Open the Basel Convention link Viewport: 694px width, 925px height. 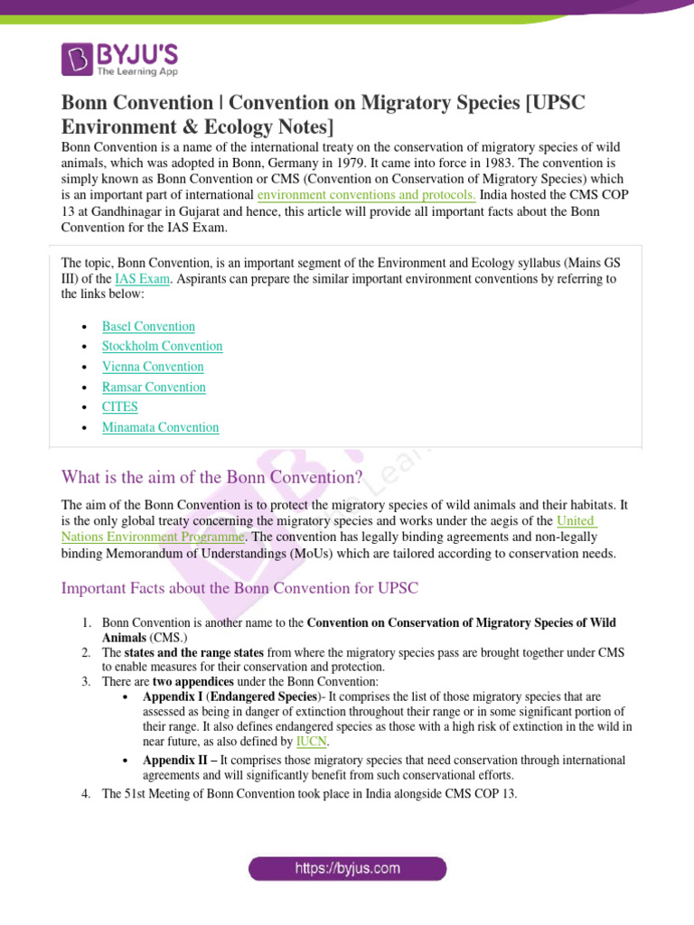pos(148,326)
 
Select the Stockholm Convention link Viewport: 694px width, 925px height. pos(162,346)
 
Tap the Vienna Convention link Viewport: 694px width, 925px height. pos(153,367)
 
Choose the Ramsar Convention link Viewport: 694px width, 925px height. pos(154,387)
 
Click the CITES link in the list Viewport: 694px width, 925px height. pos(120,407)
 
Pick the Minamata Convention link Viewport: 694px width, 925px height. pos(160,427)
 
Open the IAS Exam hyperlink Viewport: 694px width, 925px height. pos(144,278)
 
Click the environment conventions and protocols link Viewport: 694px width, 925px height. pos(366,194)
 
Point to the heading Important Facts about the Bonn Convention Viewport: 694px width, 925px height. pos(239,588)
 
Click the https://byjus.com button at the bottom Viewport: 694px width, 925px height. pos(348,869)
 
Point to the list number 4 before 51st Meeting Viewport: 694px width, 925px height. pos(87,794)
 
